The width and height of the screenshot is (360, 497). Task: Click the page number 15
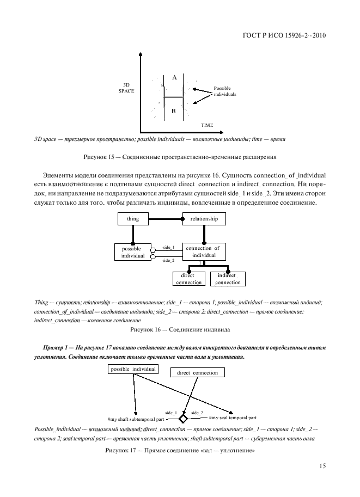point(322,466)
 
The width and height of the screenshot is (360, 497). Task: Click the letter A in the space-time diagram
point(174,78)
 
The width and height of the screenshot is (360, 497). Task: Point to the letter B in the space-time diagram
point(174,112)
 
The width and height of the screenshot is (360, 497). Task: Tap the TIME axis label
point(206,125)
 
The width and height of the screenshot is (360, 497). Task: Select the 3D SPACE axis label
point(126,88)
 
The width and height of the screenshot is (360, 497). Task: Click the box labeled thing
point(133,219)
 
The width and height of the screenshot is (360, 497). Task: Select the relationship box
point(204,219)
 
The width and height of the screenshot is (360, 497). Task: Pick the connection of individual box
point(204,251)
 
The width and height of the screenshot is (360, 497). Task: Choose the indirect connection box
point(228,279)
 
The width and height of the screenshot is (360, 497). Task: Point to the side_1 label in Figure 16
point(169,248)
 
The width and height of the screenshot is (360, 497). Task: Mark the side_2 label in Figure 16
point(168,260)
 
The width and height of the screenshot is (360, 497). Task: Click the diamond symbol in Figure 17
point(184,419)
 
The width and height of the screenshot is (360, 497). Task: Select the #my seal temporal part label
point(233,418)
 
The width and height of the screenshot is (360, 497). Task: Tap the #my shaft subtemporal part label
point(137,420)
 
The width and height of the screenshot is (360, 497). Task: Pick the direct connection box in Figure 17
point(197,373)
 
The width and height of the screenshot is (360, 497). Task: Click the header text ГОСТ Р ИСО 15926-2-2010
point(286,37)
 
